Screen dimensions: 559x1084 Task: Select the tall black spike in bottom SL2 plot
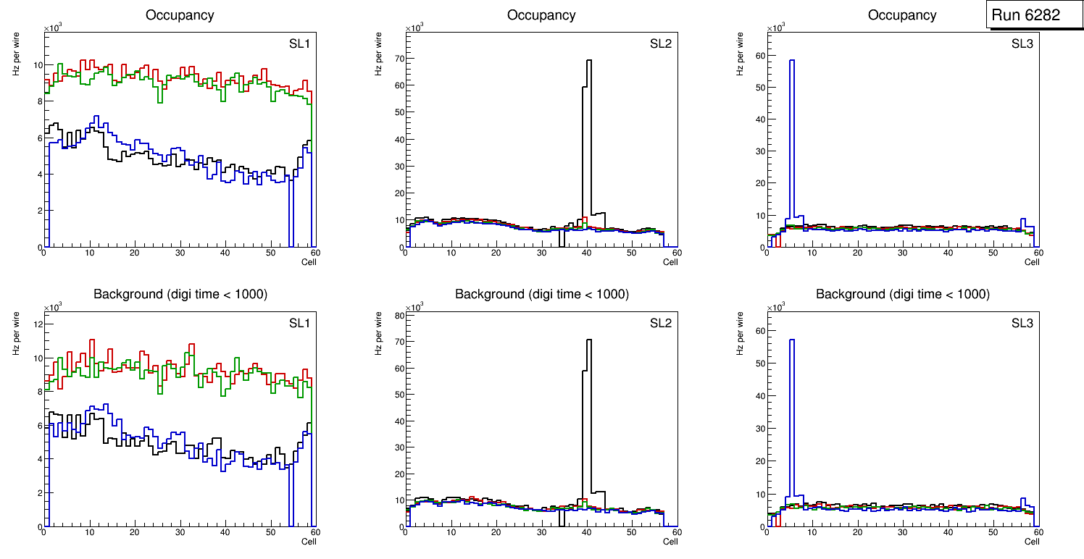588,405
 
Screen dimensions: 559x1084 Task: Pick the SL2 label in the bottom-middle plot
661,323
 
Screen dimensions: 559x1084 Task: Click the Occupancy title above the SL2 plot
541,15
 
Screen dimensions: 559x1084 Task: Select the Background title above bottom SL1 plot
180,294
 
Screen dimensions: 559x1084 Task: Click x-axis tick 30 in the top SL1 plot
180,253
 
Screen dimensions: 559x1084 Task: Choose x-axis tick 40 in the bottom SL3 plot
948,533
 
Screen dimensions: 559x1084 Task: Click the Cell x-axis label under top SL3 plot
1032,261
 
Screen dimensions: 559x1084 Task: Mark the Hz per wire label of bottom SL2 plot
378,333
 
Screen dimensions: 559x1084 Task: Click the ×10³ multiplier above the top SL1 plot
52,28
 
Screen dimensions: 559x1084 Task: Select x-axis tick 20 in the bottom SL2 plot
496,533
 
